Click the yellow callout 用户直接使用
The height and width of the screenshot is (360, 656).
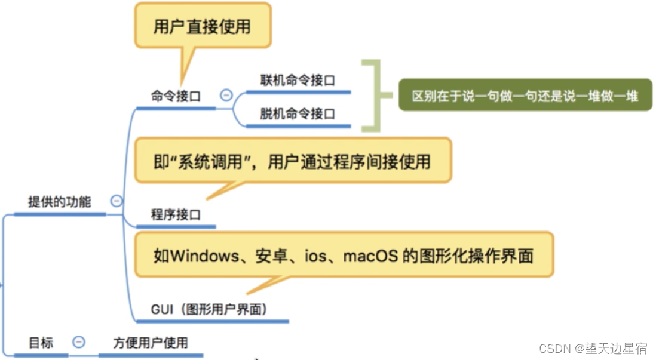pyautogui.click(x=201, y=27)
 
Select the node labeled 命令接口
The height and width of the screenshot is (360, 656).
pyautogui.click(x=176, y=96)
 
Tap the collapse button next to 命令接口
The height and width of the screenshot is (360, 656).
pyautogui.click(x=226, y=94)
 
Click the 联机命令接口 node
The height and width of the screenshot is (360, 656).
pyautogui.click(x=297, y=80)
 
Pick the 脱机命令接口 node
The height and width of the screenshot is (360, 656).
pyautogui.click(x=297, y=113)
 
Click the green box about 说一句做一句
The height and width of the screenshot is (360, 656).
pyautogui.click(x=525, y=96)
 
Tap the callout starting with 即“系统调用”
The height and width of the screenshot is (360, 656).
pyautogui.click(x=292, y=161)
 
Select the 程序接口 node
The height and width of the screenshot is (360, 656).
pyautogui.click(x=176, y=214)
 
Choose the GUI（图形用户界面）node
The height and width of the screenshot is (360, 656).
pyautogui.click(x=209, y=309)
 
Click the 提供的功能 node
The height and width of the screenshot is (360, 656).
pyautogui.click(x=60, y=202)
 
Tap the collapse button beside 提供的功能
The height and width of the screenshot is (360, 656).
pyautogui.click(x=117, y=201)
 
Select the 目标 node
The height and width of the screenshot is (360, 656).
pyautogui.click(x=41, y=343)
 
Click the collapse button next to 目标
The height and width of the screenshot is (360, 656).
pyautogui.click(x=79, y=342)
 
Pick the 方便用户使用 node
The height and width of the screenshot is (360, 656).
pyautogui.click(x=151, y=343)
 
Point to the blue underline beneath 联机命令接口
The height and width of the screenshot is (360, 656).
pyautogui.click(x=298, y=92)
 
